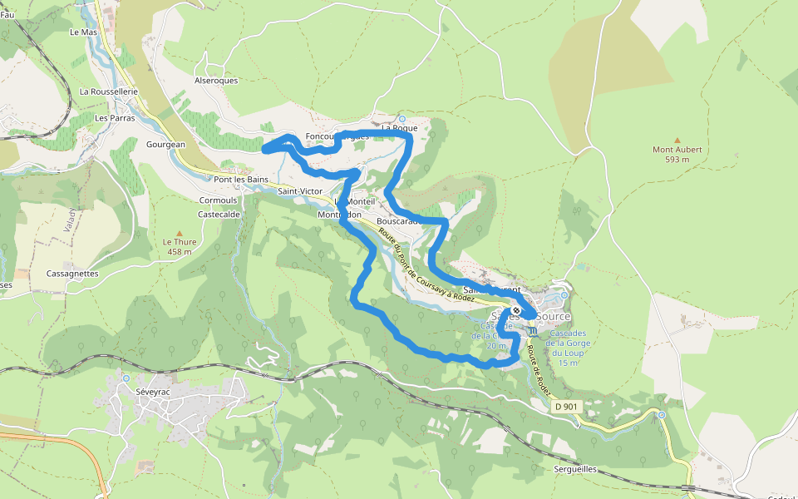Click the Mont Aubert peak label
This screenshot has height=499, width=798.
pos(677,155)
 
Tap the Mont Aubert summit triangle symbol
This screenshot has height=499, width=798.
pos(677,141)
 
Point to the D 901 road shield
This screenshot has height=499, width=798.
pos(565,406)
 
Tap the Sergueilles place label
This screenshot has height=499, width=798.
pos(575,469)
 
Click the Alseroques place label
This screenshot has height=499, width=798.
pos(215,81)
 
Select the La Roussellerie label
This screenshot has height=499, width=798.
pos(108,91)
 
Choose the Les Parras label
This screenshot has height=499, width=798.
pos(115,118)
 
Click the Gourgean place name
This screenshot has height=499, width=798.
pos(165,144)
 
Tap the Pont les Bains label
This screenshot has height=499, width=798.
pos(241,180)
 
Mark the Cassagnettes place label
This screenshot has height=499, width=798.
pos(72,273)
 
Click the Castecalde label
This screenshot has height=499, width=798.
pos(219,214)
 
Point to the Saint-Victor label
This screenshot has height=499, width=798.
pos(300,191)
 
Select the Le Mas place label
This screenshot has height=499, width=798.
pos(84,32)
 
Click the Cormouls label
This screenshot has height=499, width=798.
pos(218,200)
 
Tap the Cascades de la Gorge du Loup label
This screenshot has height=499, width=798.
pos(568,348)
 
